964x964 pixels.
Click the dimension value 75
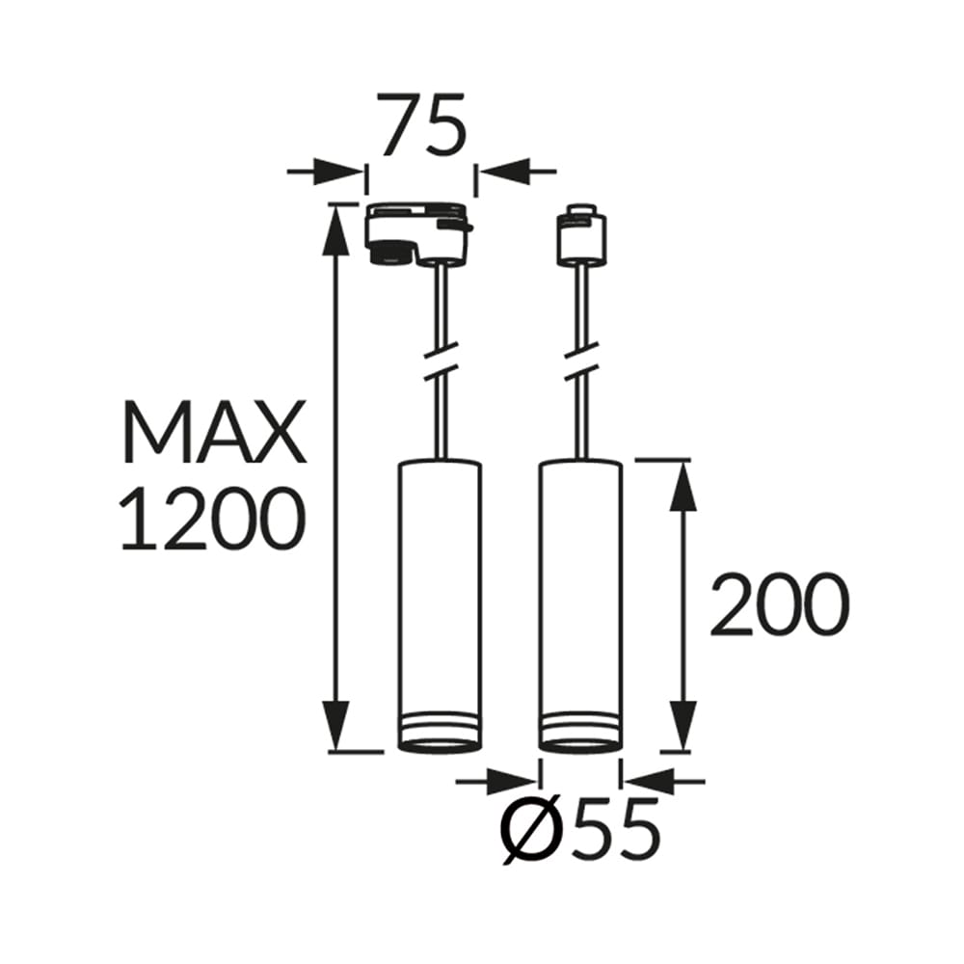422,125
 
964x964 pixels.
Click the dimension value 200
779,606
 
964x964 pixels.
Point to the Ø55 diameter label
581,830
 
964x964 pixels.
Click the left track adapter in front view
418,233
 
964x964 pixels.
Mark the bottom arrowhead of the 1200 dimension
336,728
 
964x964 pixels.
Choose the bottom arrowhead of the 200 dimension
683,728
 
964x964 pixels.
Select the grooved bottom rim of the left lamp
440,733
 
